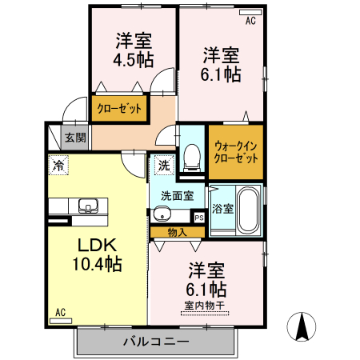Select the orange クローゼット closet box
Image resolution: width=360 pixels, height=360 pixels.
pyautogui.click(x=119, y=109)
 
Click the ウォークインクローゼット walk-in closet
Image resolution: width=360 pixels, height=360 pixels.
pyautogui.click(x=235, y=152)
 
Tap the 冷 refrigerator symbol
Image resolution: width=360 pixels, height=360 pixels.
pyautogui.click(x=58, y=166)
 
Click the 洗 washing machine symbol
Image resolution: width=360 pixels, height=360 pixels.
pyautogui.click(x=162, y=166)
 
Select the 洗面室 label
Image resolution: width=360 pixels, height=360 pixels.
pyautogui.click(x=176, y=194)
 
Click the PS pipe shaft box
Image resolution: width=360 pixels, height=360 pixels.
pyautogui.click(x=198, y=216)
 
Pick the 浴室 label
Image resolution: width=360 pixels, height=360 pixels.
pyautogui.click(x=222, y=210)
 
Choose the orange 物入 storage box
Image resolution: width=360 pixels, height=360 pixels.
pyautogui.click(x=177, y=232)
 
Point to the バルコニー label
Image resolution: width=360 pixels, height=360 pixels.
pyautogui.click(x=156, y=342)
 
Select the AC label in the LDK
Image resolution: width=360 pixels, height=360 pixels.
pyautogui.click(x=60, y=313)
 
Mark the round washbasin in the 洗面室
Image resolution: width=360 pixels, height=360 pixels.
pyautogui.click(x=162, y=214)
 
